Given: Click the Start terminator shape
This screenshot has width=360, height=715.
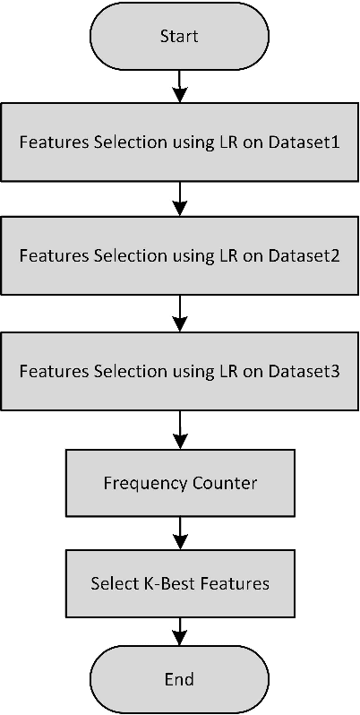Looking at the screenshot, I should tap(179, 37).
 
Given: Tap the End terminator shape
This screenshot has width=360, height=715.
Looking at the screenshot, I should tap(179, 678).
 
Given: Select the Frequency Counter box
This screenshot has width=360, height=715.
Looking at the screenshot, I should tap(179, 484).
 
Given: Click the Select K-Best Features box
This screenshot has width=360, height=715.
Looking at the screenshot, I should tap(179, 583).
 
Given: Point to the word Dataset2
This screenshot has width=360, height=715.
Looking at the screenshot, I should tap(304, 255).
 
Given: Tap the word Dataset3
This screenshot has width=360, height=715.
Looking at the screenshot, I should tap(304, 370).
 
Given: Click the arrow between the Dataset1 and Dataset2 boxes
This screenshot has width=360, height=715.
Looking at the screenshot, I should tap(180, 198).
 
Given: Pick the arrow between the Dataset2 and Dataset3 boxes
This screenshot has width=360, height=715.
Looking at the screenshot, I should tap(180, 313).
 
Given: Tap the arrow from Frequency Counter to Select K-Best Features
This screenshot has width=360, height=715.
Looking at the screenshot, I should tap(180, 534).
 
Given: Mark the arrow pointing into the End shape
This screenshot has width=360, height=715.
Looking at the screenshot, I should tap(180, 633).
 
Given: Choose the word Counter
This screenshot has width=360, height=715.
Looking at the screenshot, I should tap(225, 484).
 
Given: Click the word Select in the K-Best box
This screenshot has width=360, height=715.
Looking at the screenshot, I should tap(111, 583).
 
